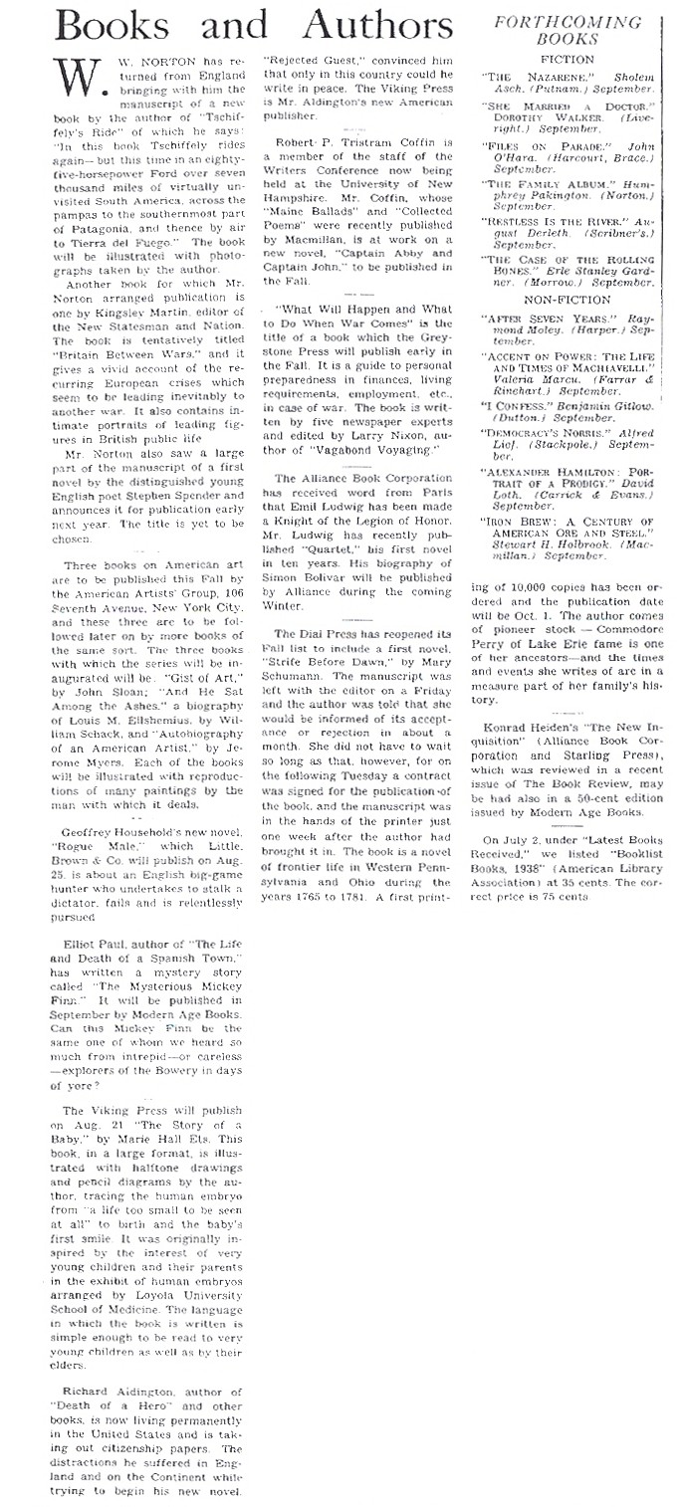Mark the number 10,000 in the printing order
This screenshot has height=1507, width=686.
tap(524, 588)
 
